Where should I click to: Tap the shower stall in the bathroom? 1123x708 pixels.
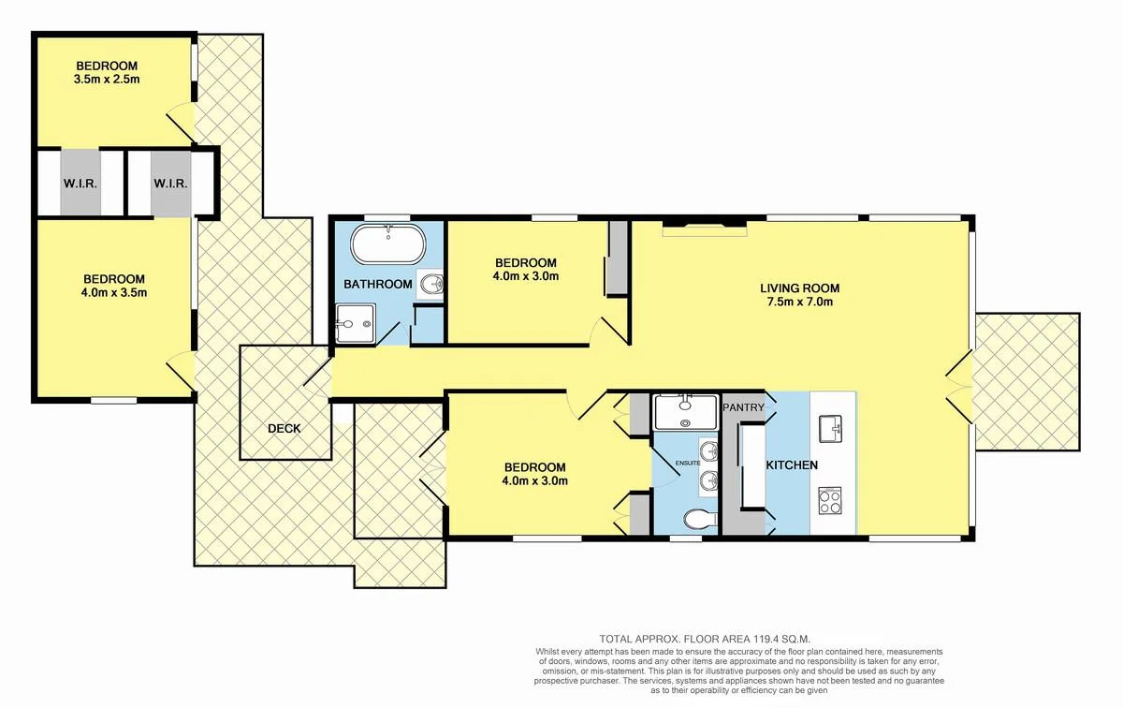(356, 324)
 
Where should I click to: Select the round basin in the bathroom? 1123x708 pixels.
(431, 284)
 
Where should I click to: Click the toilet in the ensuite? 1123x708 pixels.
(696, 518)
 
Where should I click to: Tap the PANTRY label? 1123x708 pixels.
(745, 407)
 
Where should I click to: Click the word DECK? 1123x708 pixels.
(284, 428)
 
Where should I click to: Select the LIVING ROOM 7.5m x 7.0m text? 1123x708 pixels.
(799, 295)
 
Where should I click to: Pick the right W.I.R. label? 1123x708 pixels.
(171, 184)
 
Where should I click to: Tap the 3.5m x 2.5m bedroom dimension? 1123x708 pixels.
(107, 81)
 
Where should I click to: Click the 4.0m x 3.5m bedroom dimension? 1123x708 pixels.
(113, 293)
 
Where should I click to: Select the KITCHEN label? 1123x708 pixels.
(793, 465)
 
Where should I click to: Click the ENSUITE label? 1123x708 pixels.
(686, 462)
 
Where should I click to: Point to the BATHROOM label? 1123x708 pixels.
(378, 284)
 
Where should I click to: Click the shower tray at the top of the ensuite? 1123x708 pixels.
(684, 411)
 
